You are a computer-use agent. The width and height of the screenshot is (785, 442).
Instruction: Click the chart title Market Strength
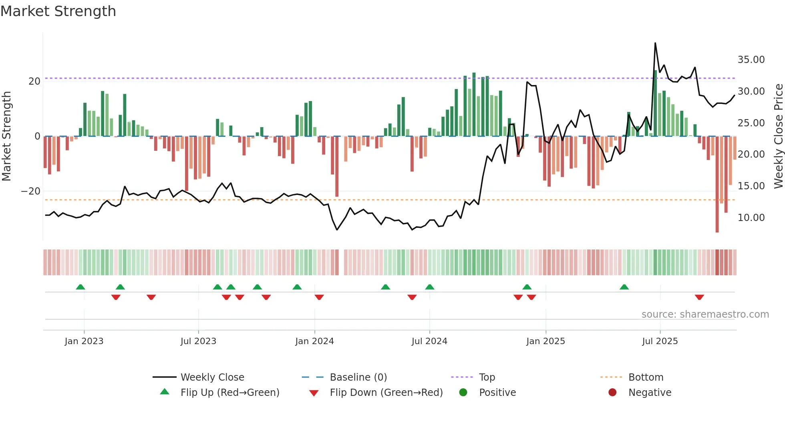(58, 11)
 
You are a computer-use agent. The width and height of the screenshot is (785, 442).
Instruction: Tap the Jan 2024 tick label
(314, 341)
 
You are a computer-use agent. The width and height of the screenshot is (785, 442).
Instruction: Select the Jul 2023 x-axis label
(198, 341)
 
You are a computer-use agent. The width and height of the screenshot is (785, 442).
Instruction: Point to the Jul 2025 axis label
(660, 341)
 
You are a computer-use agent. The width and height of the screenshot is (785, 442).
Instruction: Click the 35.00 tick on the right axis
(751, 60)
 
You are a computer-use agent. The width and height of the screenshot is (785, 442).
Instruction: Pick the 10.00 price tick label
(751, 218)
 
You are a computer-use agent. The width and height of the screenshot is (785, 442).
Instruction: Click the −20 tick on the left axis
(31, 191)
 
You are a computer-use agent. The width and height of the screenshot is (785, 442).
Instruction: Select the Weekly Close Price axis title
(778, 136)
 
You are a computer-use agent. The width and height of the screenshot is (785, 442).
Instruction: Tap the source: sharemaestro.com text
(705, 314)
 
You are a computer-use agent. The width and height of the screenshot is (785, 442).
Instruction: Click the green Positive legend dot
(463, 393)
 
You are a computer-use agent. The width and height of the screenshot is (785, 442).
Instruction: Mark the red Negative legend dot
(612, 393)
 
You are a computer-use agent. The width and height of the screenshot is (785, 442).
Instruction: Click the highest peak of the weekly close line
(655, 43)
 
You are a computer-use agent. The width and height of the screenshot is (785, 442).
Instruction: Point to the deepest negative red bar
(717, 185)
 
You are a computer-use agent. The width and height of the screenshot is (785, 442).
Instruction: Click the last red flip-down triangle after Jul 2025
(699, 297)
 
